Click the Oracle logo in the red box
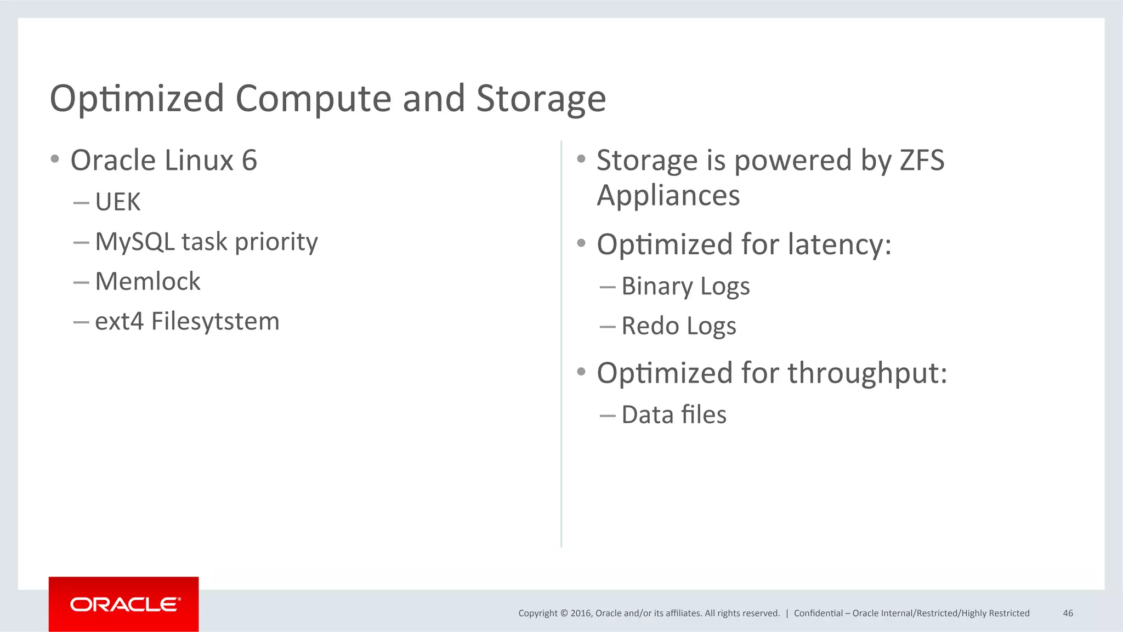pyautogui.click(x=124, y=605)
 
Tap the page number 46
pyautogui.click(x=1068, y=613)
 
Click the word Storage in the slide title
pyautogui.click(x=541, y=99)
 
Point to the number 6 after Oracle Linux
pyautogui.click(x=249, y=161)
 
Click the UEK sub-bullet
pyautogui.click(x=117, y=202)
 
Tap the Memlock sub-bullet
pyautogui.click(x=148, y=282)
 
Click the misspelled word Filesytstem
pyautogui.click(x=215, y=321)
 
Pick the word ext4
pyautogui.click(x=119, y=321)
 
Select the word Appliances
pyautogui.click(x=668, y=196)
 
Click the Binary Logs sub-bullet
pyautogui.click(x=685, y=286)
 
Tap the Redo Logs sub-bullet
pyautogui.click(x=678, y=326)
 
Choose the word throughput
pyautogui.click(x=866, y=374)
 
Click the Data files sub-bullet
pyautogui.click(x=673, y=415)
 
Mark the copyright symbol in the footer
pyautogui.click(x=564, y=613)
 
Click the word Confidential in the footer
pyautogui.click(x=818, y=613)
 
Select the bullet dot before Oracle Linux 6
pyautogui.click(x=54, y=160)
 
